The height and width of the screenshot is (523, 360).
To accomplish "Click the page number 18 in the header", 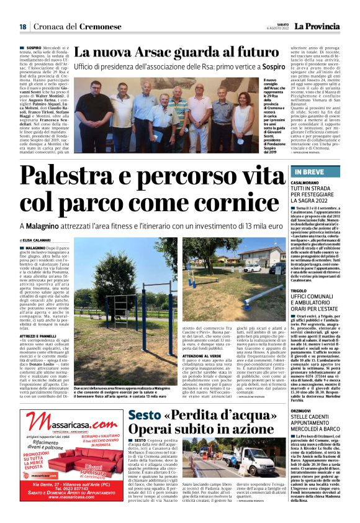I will coord(22,26).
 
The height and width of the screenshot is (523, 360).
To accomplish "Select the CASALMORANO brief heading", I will coord(314,183).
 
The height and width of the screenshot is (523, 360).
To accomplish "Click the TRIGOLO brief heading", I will coord(305,290).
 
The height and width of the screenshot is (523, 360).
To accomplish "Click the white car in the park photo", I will coord(252,268).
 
